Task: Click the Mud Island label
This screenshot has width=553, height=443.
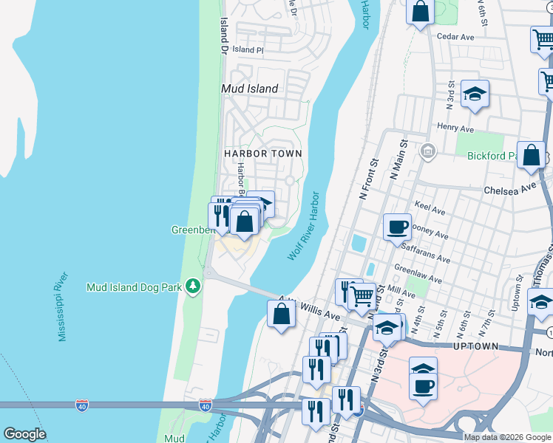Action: [x=250, y=89]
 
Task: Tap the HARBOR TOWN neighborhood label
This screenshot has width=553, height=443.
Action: [x=263, y=154]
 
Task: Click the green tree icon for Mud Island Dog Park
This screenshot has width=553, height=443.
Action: [x=193, y=286]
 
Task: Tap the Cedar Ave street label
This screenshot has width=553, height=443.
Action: [x=455, y=36]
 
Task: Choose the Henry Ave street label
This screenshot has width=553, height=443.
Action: [x=455, y=128]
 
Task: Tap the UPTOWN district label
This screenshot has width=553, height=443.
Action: [x=477, y=346]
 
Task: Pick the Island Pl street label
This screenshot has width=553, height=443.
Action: [x=248, y=49]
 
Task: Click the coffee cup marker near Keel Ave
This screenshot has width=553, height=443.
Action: [x=397, y=225]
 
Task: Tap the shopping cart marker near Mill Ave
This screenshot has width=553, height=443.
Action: [x=362, y=296]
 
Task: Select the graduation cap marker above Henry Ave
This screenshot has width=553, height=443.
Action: [x=475, y=94]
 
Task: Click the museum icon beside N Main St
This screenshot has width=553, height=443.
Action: [x=427, y=152]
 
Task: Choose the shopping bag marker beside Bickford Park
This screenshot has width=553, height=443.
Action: [x=531, y=155]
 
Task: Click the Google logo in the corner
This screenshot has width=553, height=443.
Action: [x=24, y=434]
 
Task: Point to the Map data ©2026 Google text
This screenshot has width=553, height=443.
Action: [x=507, y=437]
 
